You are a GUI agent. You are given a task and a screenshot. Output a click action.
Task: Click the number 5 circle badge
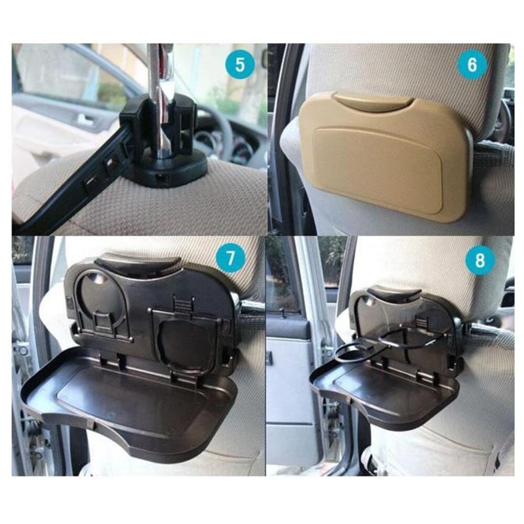[x=239, y=65]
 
